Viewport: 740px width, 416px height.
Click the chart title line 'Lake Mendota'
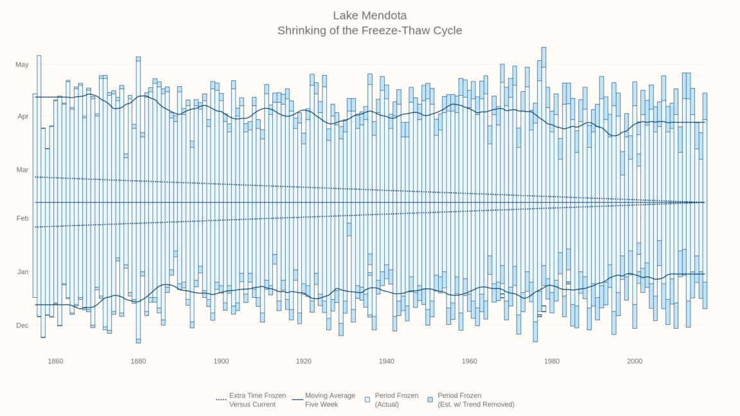369,15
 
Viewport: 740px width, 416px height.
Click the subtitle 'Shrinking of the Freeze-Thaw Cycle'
369,30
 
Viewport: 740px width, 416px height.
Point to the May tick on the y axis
22,65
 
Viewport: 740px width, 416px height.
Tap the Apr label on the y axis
22,117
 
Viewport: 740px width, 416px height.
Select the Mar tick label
22,169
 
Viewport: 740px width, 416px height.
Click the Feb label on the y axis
22,218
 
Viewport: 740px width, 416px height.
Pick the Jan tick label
22,272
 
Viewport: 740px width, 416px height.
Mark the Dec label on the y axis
22,325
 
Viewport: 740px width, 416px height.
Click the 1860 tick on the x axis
55,361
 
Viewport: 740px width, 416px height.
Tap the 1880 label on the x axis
138,361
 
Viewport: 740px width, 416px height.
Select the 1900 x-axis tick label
221,361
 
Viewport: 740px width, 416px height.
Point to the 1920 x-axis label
304,361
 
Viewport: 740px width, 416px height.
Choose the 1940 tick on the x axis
386,361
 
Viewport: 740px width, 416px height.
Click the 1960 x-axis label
469,361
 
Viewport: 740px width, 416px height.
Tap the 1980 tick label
552,361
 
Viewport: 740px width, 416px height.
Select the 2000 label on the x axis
635,361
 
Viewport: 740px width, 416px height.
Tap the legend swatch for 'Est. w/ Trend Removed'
430,399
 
